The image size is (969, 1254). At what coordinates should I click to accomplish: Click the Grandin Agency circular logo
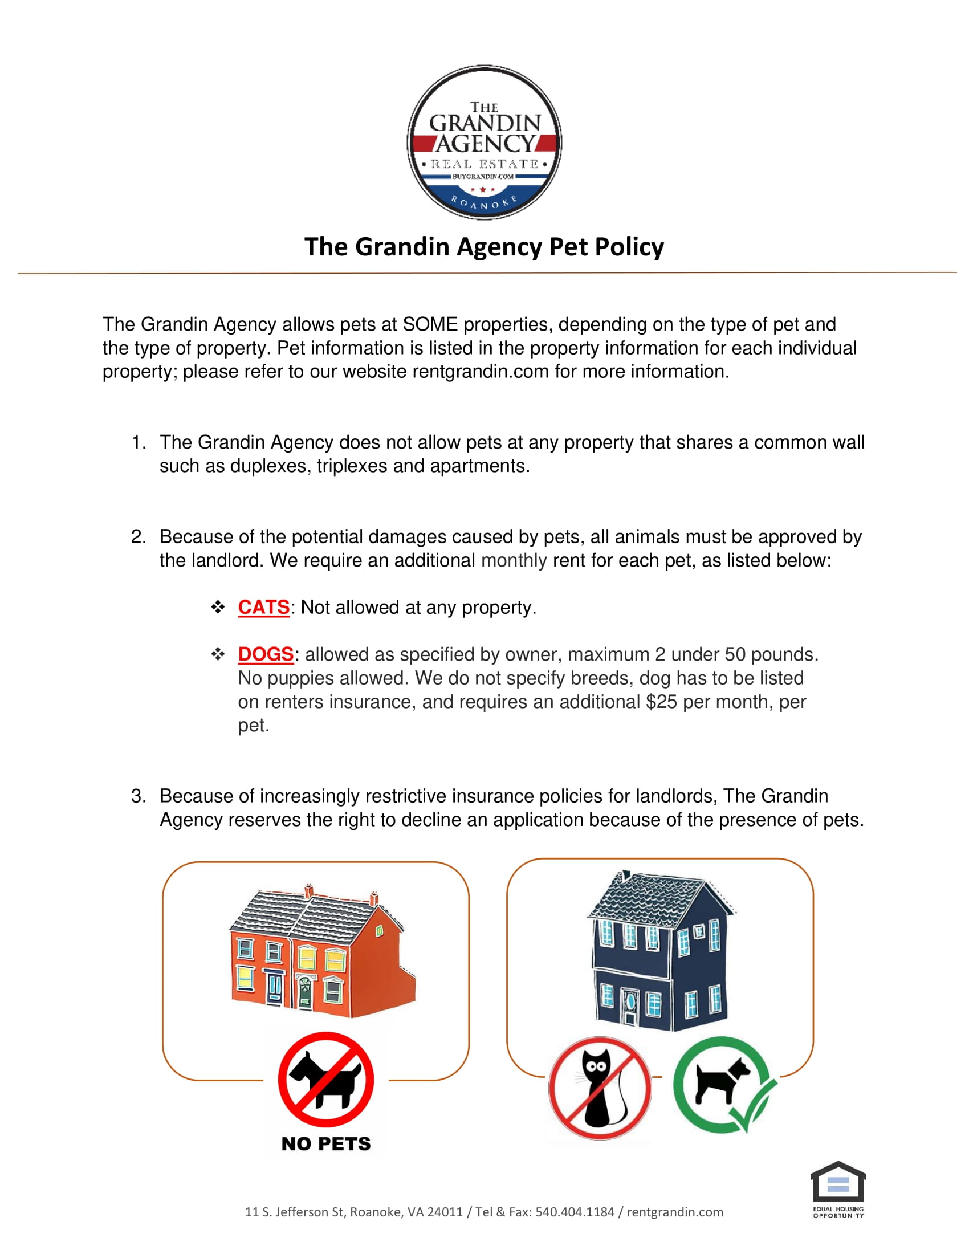(484, 142)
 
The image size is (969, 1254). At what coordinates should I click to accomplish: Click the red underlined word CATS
(263, 607)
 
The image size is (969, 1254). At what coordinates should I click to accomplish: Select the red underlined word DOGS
(266, 654)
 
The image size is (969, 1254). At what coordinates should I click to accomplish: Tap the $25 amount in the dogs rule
(661, 702)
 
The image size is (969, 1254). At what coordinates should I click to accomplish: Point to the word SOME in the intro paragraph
(430, 324)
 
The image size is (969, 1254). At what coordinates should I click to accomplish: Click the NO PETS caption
(326, 1143)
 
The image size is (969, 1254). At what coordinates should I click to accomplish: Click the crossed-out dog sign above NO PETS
(326, 1079)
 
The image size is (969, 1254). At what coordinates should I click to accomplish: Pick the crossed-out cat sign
(600, 1088)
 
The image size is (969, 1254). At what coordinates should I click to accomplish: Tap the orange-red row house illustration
(321, 953)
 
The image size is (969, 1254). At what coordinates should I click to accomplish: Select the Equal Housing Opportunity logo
(838, 1188)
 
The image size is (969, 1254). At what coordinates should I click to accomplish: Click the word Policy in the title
(629, 247)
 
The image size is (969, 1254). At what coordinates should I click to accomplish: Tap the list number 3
(138, 796)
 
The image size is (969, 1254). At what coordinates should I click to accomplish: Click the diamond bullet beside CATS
(218, 607)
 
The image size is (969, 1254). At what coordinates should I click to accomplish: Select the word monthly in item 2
(514, 560)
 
